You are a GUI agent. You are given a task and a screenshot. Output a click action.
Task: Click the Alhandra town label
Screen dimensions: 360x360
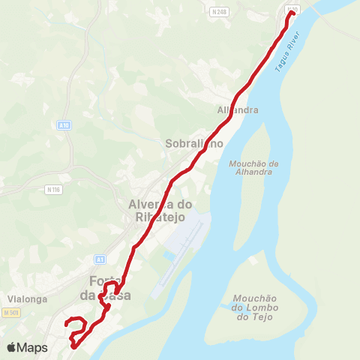[x=237, y=109]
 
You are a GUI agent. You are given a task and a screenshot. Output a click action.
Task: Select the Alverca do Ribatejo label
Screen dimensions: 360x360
[x=160, y=209]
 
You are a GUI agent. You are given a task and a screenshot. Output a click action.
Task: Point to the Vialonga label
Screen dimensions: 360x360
[x=28, y=298]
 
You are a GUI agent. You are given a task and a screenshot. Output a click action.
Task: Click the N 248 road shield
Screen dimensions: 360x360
[x=219, y=12]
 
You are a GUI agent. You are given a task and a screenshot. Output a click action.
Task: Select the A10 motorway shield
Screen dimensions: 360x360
[x=64, y=126]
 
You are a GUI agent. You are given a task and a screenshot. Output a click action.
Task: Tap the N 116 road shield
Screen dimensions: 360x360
[x=52, y=189]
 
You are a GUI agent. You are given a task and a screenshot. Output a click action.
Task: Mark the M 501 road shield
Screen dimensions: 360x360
[x=10, y=312]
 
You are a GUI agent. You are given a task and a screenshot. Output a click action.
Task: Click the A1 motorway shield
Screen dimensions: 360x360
[x=100, y=259]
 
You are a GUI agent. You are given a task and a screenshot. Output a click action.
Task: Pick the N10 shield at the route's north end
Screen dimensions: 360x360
[x=292, y=9]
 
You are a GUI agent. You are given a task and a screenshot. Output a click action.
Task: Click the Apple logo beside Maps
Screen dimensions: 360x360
[x=11, y=347]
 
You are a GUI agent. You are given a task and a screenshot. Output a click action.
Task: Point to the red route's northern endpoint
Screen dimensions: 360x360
[x=290, y=13]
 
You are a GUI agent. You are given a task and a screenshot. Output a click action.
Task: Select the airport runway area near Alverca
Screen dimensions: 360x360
[x=184, y=236]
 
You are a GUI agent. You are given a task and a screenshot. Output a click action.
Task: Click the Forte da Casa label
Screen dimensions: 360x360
[x=109, y=288]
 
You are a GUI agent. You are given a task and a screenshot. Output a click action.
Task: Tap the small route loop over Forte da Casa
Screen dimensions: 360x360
[x=111, y=288]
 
